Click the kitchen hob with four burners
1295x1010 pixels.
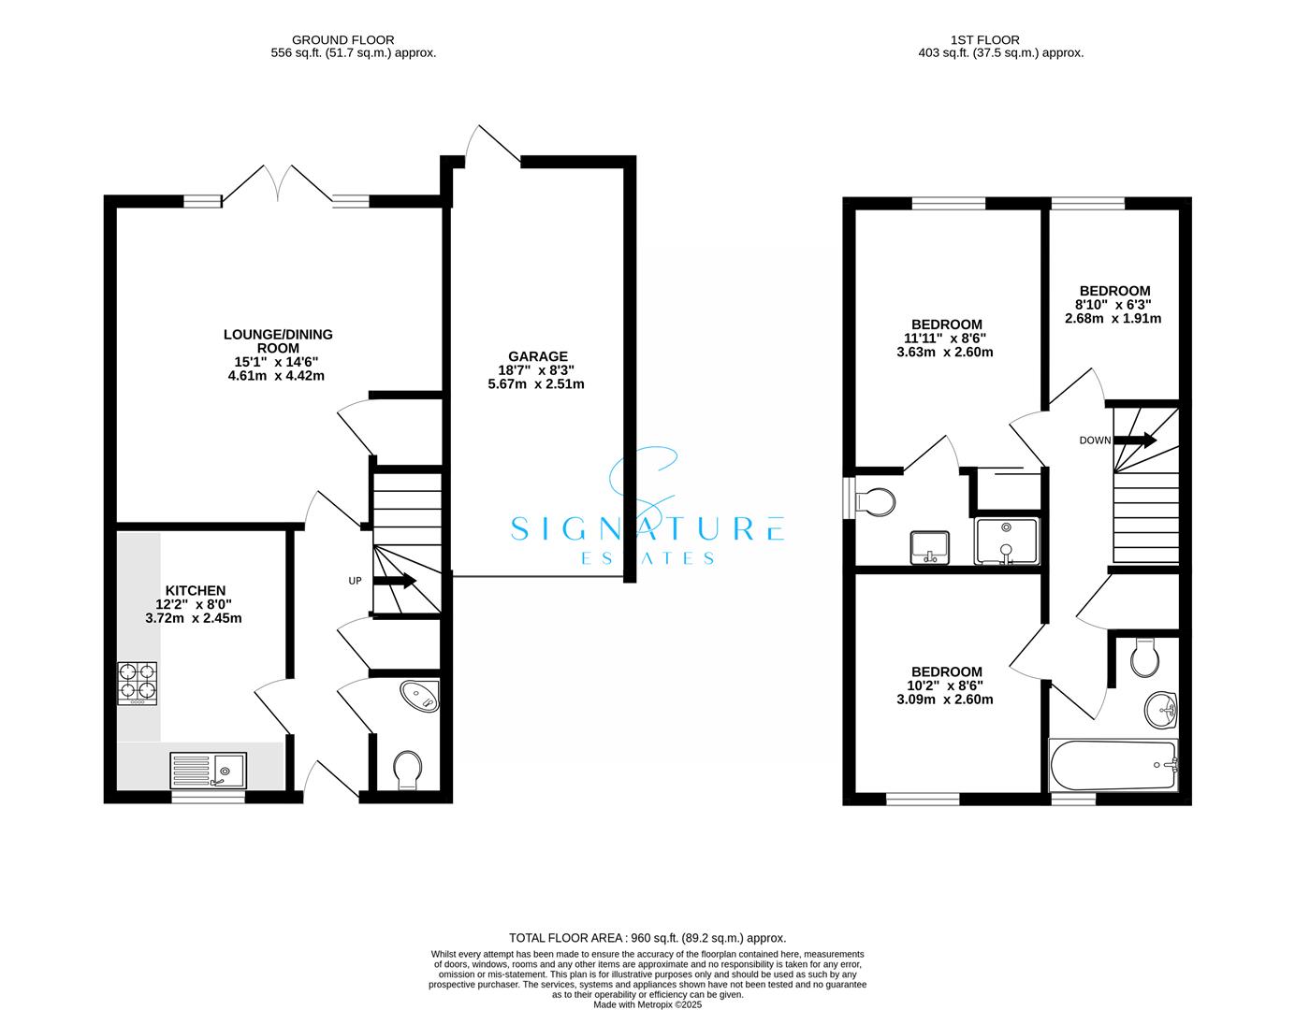(x=137, y=684)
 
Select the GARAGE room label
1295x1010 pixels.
(x=537, y=356)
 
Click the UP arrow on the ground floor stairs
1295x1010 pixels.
(x=394, y=581)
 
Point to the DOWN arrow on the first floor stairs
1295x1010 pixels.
(x=1135, y=440)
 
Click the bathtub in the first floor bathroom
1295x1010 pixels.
(x=1113, y=766)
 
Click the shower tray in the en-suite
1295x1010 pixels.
(x=1006, y=541)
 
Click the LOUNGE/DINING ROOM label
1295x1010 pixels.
(x=277, y=340)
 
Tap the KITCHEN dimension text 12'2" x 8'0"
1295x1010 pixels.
(x=196, y=604)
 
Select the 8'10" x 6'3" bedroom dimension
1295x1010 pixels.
(x=1113, y=304)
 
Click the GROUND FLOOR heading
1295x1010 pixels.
(x=342, y=39)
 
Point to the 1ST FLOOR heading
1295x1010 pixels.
(x=984, y=39)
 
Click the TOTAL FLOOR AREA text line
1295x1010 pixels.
(x=647, y=937)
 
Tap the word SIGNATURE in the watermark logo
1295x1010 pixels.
(x=647, y=529)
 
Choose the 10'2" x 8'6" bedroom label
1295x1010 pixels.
(x=947, y=685)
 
